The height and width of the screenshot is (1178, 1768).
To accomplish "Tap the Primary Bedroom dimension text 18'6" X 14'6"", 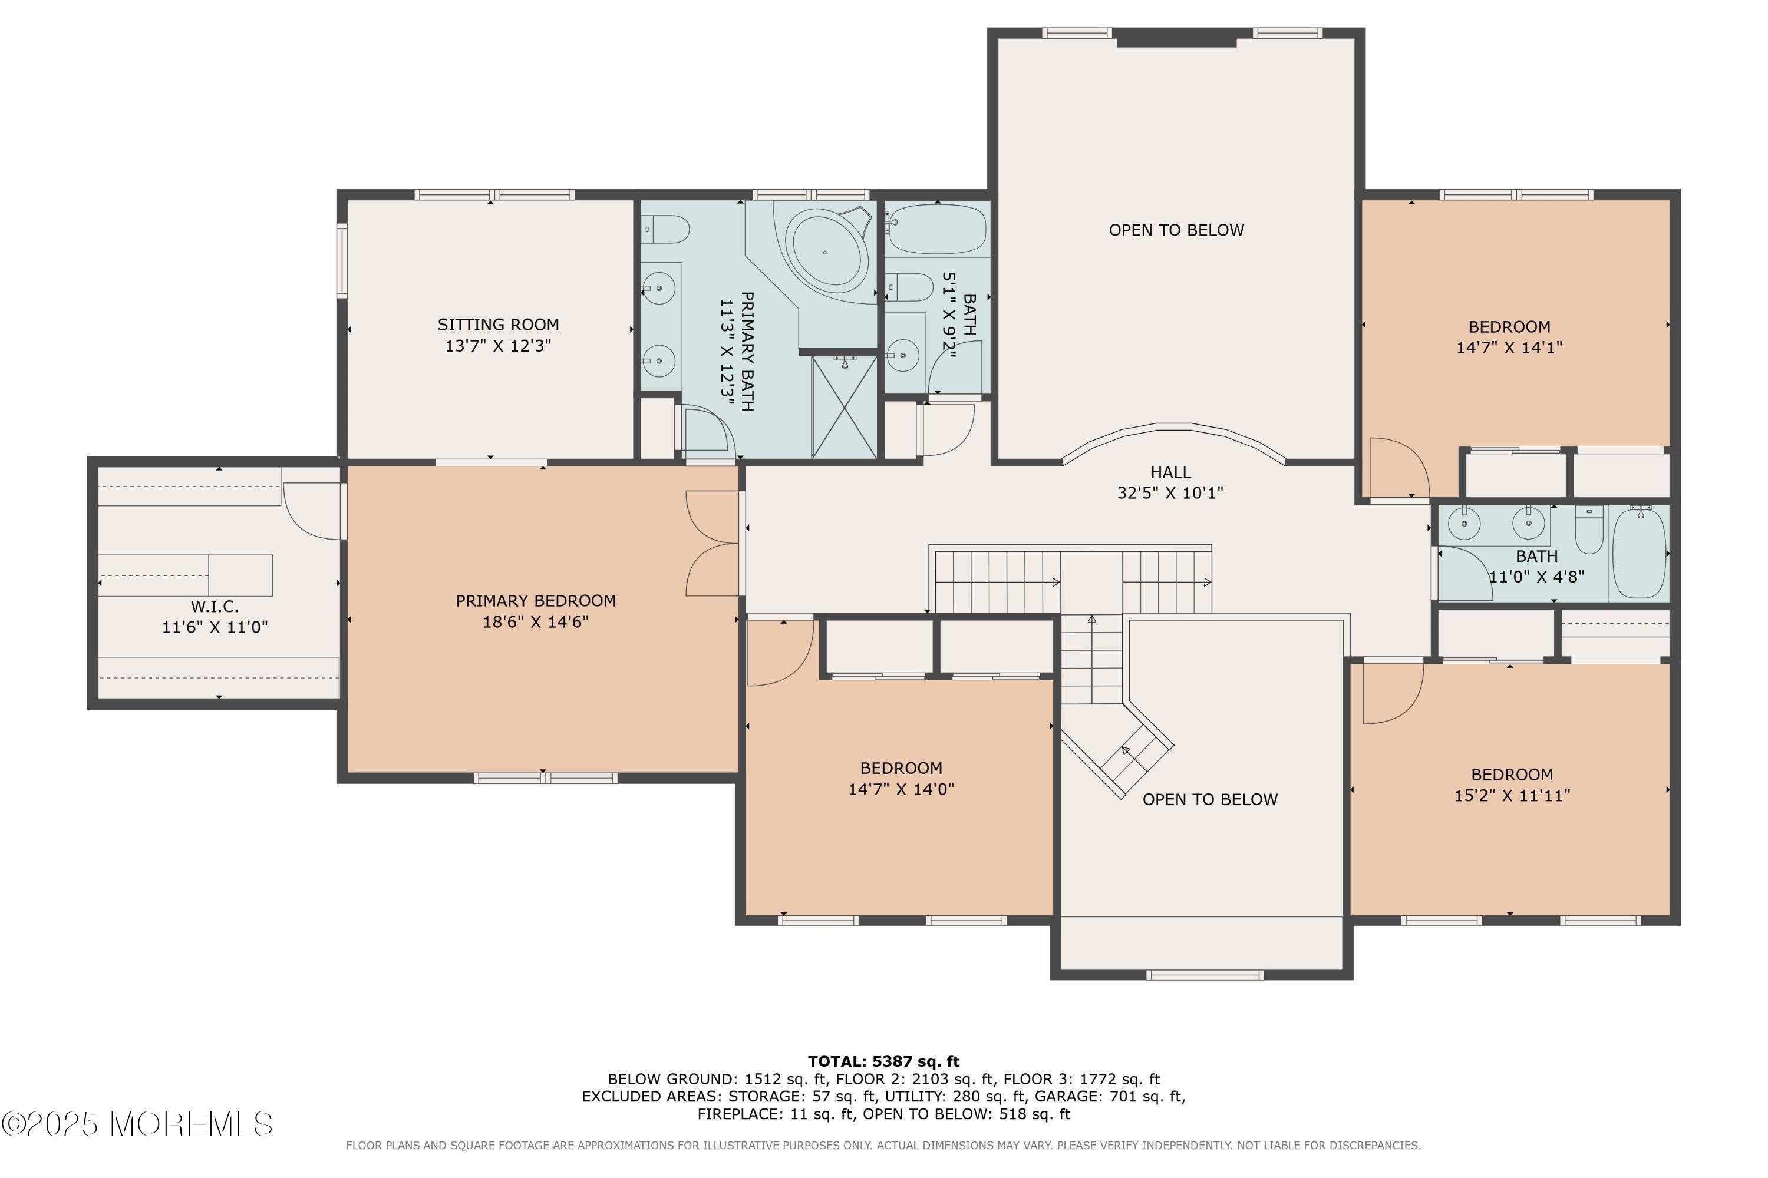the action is pyautogui.click(x=535, y=621).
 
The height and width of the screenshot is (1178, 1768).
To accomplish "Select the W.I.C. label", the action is pyautogui.click(x=215, y=606).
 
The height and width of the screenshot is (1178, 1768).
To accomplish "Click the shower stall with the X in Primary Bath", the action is pyautogui.click(x=844, y=406).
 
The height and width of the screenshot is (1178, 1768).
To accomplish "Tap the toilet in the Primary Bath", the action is pyautogui.click(x=665, y=229).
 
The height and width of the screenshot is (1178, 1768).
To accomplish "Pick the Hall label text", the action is pyautogui.click(x=1170, y=472).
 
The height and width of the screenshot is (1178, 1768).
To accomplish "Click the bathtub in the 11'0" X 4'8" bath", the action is pyautogui.click(x=1640, y=552).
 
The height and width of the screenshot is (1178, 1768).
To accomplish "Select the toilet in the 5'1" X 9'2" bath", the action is pyautogui.click(x=909, y=286).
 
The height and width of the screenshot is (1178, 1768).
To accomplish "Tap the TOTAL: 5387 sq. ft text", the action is pyautogui.click(x=883, y=1061).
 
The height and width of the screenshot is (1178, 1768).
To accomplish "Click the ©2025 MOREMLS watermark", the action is pyautogui.click(x=137, y=1124).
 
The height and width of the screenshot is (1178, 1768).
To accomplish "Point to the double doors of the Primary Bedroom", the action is pyautogui.click(x=713, y=543).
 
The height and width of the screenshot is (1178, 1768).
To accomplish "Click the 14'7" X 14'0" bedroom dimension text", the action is pyautogui.click(x=901, y=789).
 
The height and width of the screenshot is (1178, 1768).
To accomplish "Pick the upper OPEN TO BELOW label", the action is pyautogui.click(x=1176, y=230).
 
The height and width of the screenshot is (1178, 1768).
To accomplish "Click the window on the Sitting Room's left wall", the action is pyautogui.click(x=342, y=261).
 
